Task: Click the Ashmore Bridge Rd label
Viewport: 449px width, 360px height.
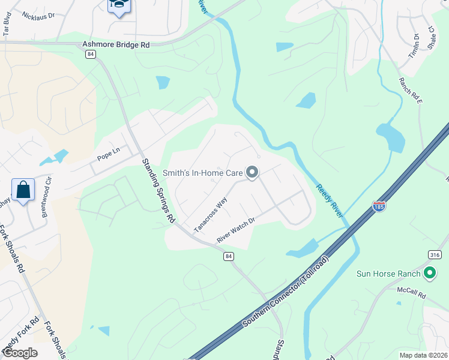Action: [x=115, y=44]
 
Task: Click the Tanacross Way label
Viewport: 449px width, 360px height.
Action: [x=210, y=214]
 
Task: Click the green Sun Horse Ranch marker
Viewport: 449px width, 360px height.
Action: [x=429, y=274]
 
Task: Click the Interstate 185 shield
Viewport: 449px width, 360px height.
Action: [x=379, y=206]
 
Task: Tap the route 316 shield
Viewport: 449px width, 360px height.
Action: [x=435, y=255]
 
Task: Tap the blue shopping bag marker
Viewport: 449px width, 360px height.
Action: [x=23, y=190]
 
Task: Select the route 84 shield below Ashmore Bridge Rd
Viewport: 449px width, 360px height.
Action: [x=91, y=54]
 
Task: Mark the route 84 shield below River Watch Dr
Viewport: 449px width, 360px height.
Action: [x=228, y=256]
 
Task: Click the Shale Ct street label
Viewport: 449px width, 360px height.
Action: [x=430, y=37]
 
